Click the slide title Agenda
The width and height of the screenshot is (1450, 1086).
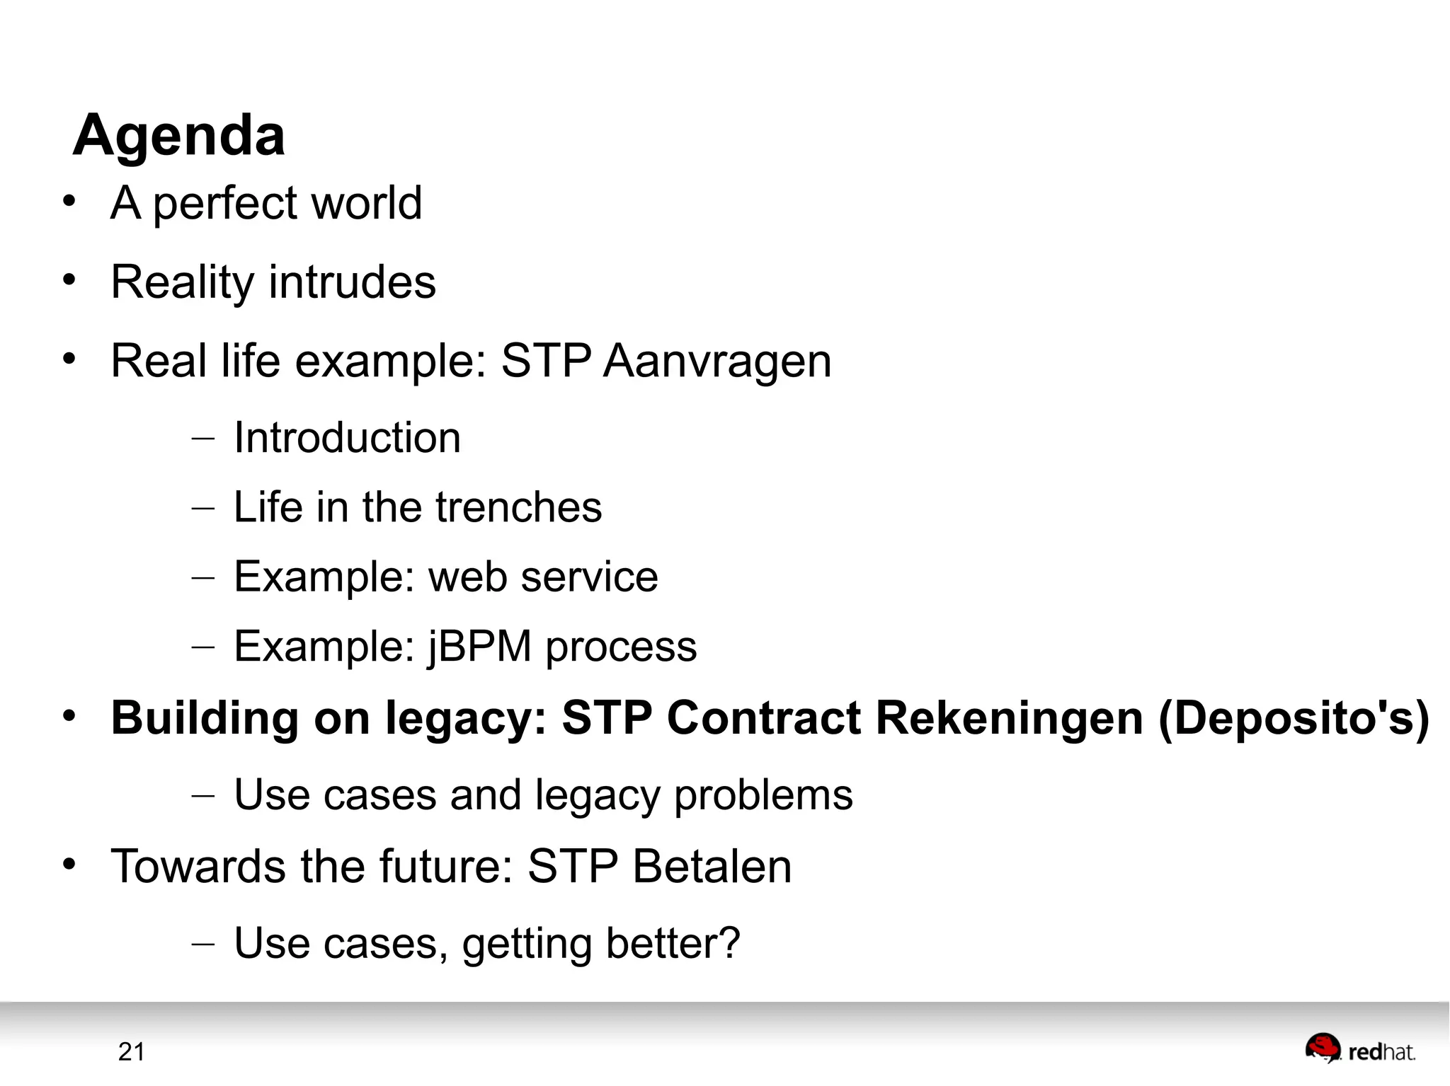coord(179,135)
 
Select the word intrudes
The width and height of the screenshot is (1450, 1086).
coord(352,282)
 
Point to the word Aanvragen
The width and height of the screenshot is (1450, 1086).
coord(717,362)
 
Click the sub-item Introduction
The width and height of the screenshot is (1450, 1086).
coord(347,437)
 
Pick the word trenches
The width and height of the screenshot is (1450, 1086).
coord(518,507)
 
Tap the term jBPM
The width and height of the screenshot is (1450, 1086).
coord(479,647)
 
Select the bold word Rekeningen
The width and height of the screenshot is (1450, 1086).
coord(1010,718)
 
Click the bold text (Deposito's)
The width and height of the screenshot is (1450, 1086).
coord(1294,719)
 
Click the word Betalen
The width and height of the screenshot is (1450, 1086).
coord(712,866)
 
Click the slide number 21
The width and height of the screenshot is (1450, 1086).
coord(132,1052)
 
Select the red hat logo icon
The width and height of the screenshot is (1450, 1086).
coord(1322,1048)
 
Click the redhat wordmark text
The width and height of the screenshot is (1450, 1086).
coord(1381,1053)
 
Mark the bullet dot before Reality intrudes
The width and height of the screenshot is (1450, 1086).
coord(69,280)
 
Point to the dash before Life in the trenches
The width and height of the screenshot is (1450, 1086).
coord(202,508)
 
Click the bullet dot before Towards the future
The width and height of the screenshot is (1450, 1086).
coord(69,864)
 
